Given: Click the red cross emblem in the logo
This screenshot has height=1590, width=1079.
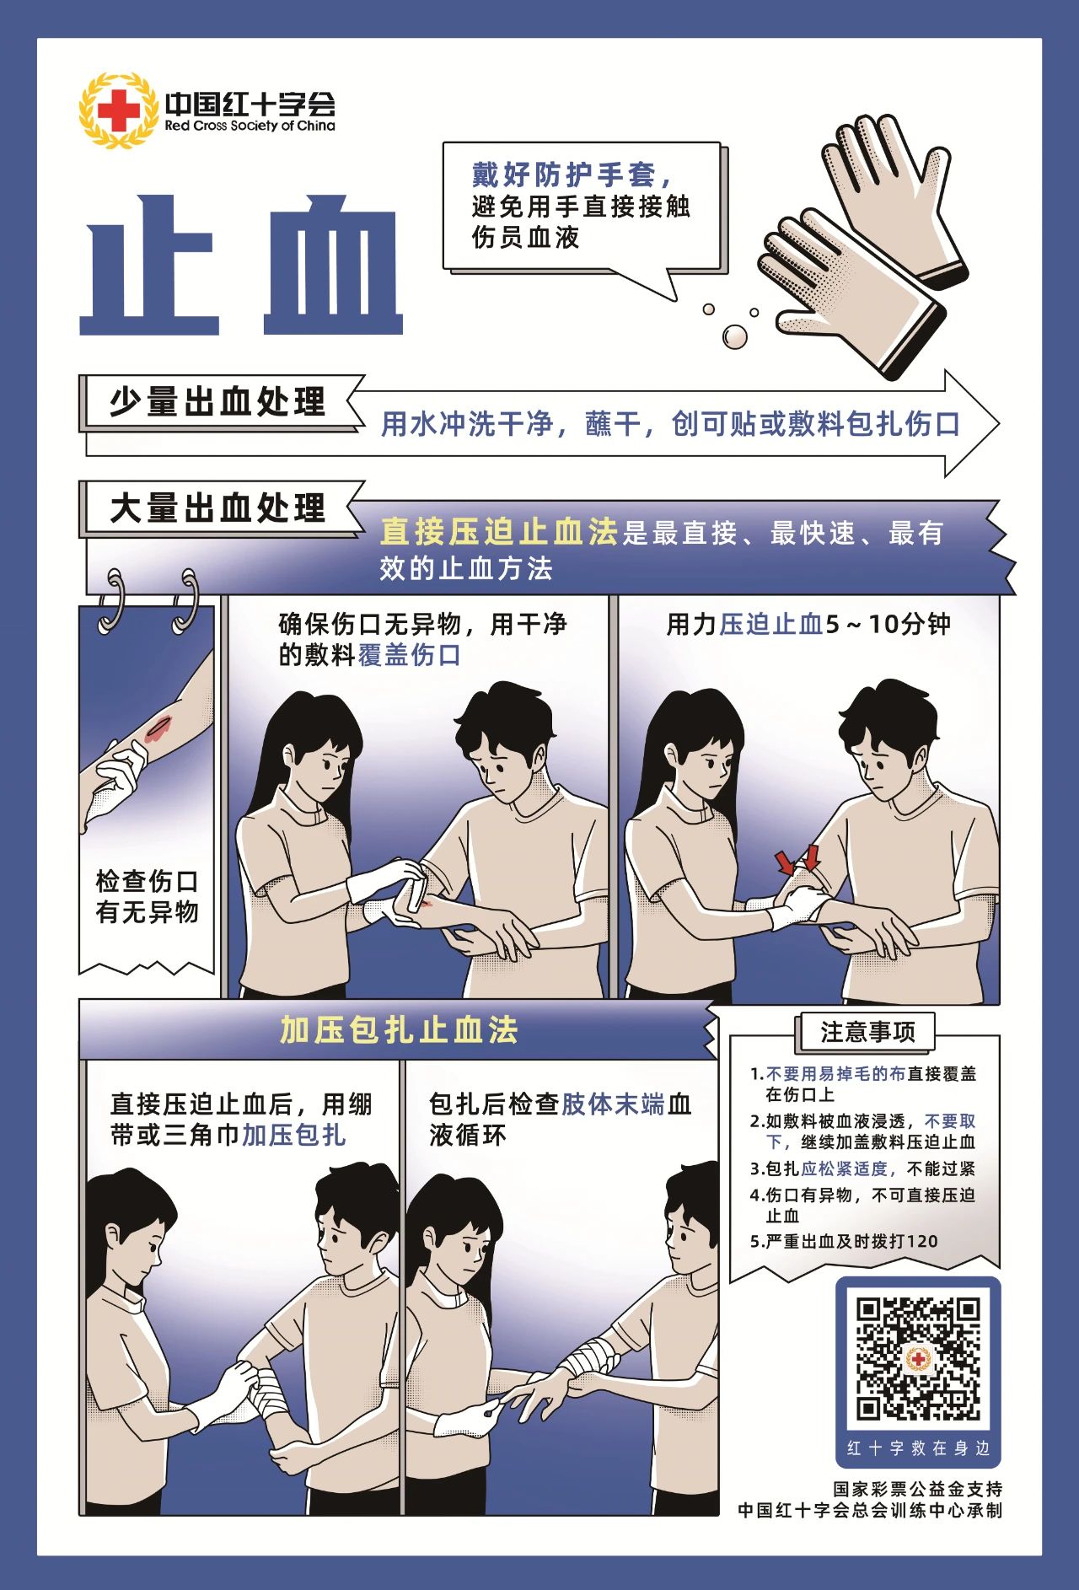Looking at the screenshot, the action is click(119, 110).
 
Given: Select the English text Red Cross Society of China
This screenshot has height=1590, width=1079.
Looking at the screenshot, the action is click(250, 126).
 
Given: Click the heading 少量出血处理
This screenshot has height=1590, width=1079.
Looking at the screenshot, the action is click(217, 401).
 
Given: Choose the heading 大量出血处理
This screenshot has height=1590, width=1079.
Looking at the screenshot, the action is click(217, 508).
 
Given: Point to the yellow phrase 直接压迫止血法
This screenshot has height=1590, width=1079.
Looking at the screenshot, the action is click(499, 532).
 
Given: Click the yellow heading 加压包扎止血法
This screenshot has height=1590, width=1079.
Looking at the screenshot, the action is click(399, 1029).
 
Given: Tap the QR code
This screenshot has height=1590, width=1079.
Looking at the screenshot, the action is click(918, 1358).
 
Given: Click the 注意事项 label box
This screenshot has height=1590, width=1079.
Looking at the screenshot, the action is click(867, 1032).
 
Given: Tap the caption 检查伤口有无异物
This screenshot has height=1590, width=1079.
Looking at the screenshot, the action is click(147, 896).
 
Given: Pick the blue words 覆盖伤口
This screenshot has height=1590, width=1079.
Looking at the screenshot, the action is click(410, 655).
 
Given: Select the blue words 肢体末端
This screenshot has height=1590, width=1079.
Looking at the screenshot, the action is click(614, 1104).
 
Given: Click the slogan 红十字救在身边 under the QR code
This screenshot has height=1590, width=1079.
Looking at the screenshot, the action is click(918, 1448).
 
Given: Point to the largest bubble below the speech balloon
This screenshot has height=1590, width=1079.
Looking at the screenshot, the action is click(734, 336).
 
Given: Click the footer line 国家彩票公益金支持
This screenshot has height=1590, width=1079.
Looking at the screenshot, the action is click(918, 1489).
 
